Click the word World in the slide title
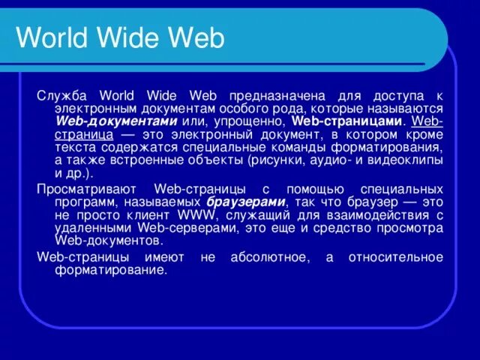point(53,39)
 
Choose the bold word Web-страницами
point(346,121)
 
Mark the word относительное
point(396,258)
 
